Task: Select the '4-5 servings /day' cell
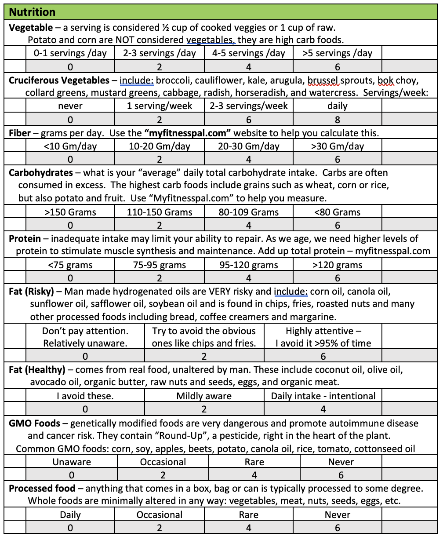pyautogui.click(x=248, y=53)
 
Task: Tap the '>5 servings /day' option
pyautogui.click(x=338, y=53)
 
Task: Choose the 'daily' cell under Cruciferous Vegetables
pyautogui.click(x=338, y=106)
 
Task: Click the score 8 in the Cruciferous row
pyautogui.click(x=338, y=120)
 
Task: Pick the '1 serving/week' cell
pyautogui.click(x=159, y=106)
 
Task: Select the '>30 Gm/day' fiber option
pyautogui.click(x=338, y=146)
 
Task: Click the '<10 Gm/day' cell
pyautogui.click(x=70, y=146)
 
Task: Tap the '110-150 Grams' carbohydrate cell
pyautogui.click(x=159, y=212)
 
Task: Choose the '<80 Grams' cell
pyautogui.click(x=338, y=212)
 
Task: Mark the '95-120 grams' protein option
pyautogui.click(x=248, y=265)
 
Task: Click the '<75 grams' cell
pyautogui.click(x=70, y=265)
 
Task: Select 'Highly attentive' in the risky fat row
pyautogui.click(x=323, y=337)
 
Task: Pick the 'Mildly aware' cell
pyautogui.click(x=204, y=396)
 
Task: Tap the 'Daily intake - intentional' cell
pyautogui.click(x=323, y=396)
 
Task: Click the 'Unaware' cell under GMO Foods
pyautogui.click(x=72, y=462)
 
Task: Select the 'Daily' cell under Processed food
pyautogui.click(x=70, y=514)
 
